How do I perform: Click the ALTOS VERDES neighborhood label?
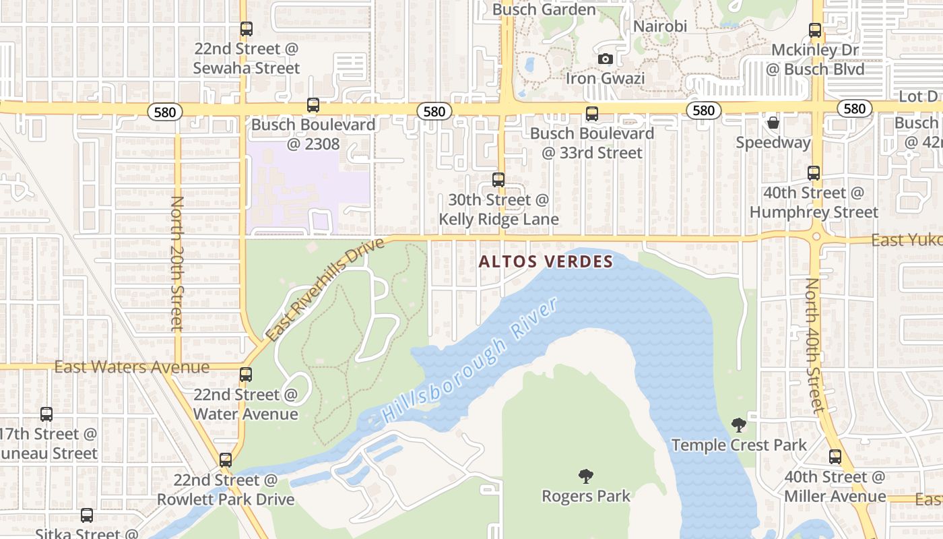point(546,261)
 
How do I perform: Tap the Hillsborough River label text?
point(470,362)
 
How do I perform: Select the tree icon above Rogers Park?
point(586,476)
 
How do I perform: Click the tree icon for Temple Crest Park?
point(739,425)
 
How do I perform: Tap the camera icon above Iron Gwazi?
point(605,59)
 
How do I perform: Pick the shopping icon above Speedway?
point(773,123)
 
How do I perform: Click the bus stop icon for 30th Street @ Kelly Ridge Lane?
point(498,180)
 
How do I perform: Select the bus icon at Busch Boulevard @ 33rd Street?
point(592,113)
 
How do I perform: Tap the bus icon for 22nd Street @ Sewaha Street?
point(247,29)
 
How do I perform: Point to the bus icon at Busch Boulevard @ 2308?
point(313,105)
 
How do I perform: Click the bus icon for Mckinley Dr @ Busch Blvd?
point(815,30)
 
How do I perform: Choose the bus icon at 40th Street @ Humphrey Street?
point(814,173)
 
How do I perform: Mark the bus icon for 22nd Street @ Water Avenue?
point(246,375)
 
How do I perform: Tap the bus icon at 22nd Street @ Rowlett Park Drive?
point(226,460)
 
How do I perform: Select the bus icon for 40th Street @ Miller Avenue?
point(835,457)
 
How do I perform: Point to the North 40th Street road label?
point(814,345)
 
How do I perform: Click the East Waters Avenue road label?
point(132,367)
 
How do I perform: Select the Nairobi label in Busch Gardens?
point(660,26)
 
